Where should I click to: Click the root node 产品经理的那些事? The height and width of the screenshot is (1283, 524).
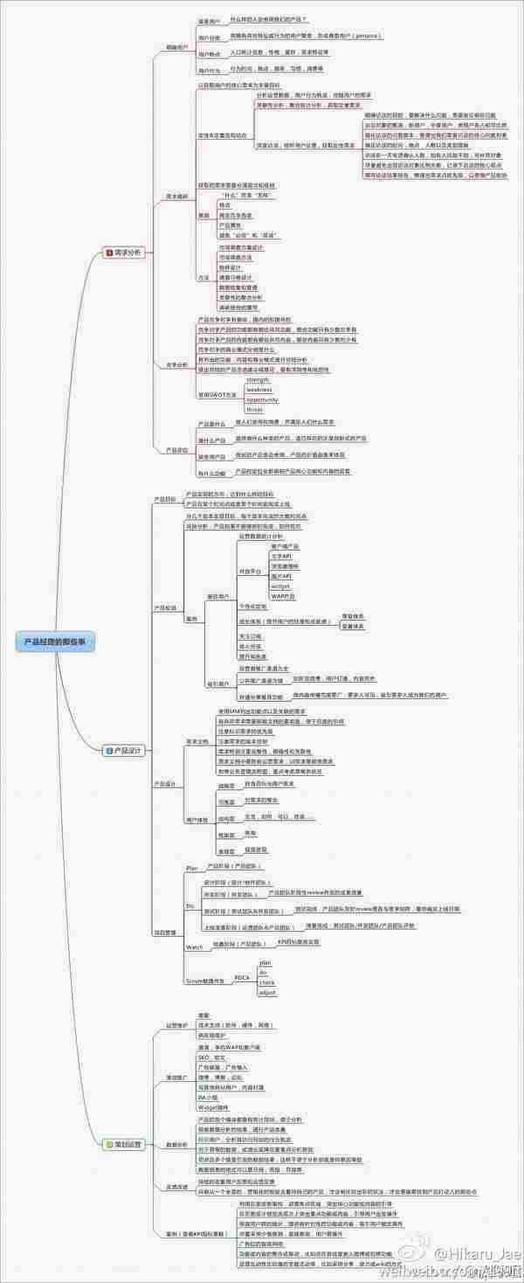pos(59,641)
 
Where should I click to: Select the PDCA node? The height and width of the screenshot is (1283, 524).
pos(242,977)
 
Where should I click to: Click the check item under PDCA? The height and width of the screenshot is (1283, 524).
pos(266,982)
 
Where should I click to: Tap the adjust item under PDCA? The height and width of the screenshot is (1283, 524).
pos(267,993)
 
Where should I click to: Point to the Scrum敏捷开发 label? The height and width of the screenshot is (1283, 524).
pos(204,981)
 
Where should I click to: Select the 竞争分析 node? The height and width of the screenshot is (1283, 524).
pos(176,364)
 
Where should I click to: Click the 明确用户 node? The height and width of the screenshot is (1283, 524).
pos(176,47)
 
